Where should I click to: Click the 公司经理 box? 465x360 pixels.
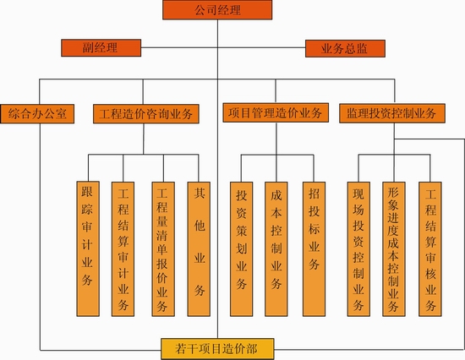tap(217, 10)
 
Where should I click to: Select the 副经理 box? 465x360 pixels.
tap(101, 47)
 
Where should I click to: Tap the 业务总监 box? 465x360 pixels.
tap(345, 48)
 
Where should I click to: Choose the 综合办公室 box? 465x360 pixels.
tap(37, 114)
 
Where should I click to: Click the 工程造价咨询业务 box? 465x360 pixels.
tap(146, 114)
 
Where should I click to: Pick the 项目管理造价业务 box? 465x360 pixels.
tap(276, 112)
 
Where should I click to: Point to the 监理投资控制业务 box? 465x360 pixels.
tap(392, 113)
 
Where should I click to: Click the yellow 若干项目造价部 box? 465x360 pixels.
tap(217, 349)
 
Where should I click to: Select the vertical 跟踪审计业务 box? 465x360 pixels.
tap(88, 249)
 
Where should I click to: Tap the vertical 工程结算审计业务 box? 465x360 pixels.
tap(123, 249)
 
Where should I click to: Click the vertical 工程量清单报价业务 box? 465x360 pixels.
tap(163, 249)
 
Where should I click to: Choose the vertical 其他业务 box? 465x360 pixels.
tap(199, 249)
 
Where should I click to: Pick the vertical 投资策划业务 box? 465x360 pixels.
tap(242, 249)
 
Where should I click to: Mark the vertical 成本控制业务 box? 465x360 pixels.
tap(276, 249)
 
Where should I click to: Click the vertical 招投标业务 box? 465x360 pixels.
tap(314, 249)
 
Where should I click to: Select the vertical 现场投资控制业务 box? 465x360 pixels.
tap(358, 249)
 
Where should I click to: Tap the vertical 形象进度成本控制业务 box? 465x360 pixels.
tap(394, 249)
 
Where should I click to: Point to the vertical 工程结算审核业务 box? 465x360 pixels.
tap(430, 249)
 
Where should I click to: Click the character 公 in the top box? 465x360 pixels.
tap(200, 10)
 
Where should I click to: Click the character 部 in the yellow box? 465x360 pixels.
tap(252, 349)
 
